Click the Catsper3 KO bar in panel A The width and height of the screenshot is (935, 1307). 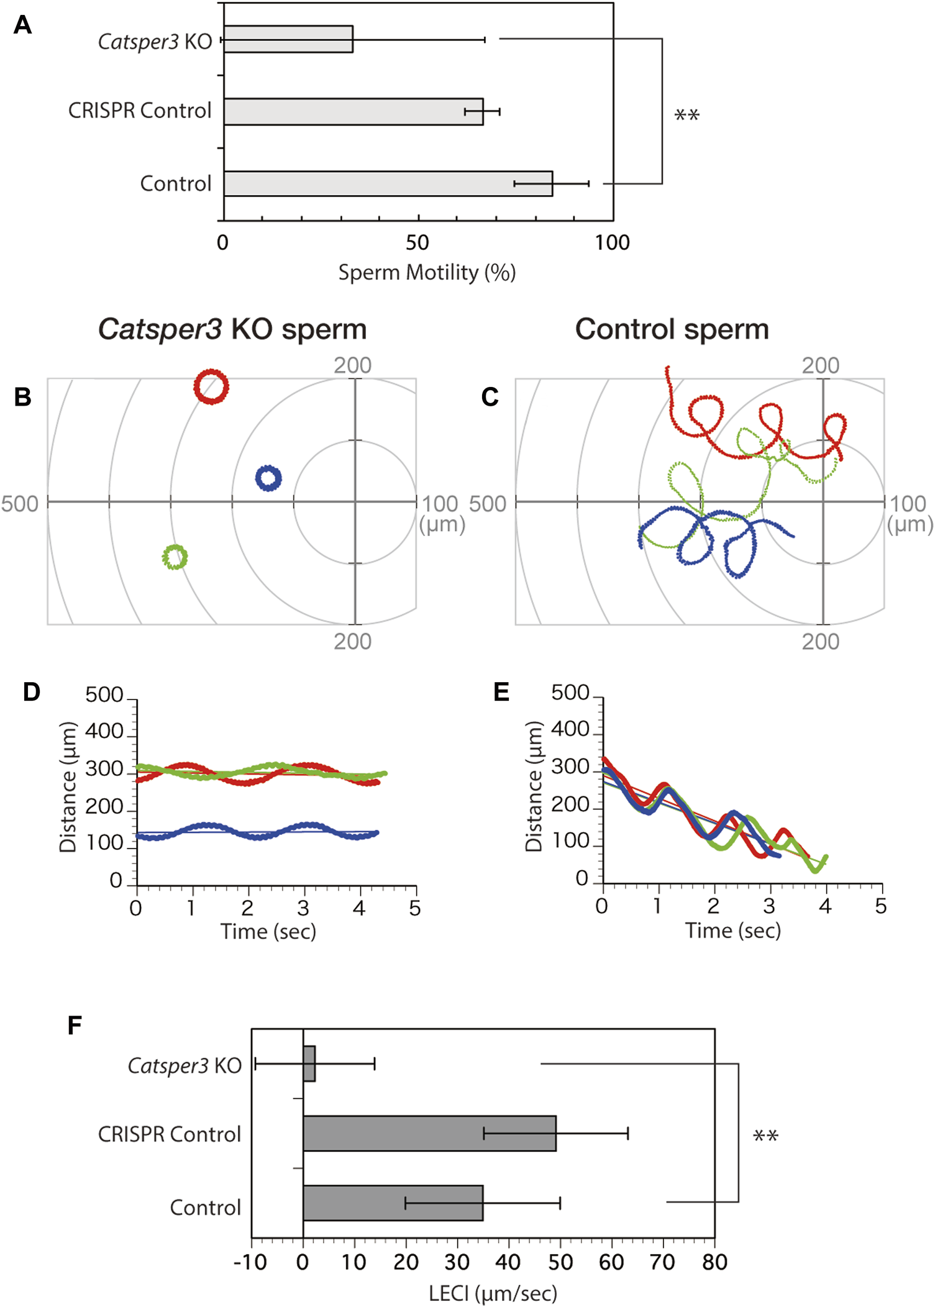coord(288,39)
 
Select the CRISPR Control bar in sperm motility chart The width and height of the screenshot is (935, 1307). coord(353,112)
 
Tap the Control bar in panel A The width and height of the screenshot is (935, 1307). coord(388,184)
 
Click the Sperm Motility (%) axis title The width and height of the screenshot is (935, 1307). coord(427,273)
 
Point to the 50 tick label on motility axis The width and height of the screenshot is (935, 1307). coord(417,243)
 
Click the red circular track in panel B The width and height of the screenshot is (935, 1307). coord(211,387)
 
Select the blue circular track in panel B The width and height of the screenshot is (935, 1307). coord(268,478)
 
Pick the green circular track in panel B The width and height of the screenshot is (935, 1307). coord(175,557)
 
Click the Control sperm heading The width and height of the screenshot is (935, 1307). coord(672,329)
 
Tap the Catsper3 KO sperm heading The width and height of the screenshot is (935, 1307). coord(232,329)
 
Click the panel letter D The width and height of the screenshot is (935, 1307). coord(31,692)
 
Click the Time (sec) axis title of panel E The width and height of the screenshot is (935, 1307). coord(732,931)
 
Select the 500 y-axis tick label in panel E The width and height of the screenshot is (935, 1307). coord(570,693)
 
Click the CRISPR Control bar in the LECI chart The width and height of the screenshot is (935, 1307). coord(429,1134)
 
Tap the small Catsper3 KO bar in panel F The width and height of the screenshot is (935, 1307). coord(309,1064)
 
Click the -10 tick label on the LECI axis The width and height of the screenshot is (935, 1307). coord(250,1262)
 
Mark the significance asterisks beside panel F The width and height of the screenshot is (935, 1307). coord(765,1136)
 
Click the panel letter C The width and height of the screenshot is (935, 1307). coord(490,397)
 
